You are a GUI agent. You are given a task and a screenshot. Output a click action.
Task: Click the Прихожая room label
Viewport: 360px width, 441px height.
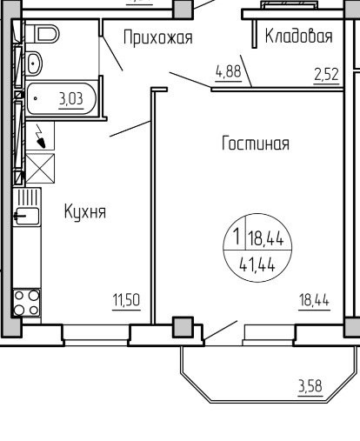[x=158, y=37]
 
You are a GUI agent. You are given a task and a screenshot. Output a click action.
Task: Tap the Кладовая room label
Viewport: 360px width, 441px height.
[x=298, y=37]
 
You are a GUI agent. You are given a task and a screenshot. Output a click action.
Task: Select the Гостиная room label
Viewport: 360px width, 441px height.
[x=256, y=143]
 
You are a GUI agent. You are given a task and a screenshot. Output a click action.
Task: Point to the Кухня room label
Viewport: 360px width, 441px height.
[x=85, y=211]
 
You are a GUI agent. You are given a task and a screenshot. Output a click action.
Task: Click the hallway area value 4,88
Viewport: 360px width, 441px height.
[x=229, y=71]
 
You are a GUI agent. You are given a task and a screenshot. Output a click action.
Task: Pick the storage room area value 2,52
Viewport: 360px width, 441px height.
[x=326, y=74]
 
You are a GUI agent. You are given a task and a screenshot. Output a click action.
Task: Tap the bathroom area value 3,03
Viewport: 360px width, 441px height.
[x=71, y=99]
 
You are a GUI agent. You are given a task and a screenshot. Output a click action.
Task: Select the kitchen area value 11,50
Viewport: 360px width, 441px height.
[x=126, y=300]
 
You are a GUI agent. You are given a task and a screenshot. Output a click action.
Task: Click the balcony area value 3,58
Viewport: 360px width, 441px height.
[x=310, y=386]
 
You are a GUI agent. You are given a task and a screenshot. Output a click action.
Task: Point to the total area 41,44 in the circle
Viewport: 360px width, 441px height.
[x=257, y=265]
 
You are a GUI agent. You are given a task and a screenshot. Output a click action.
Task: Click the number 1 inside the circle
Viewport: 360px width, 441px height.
[x=237, y=236]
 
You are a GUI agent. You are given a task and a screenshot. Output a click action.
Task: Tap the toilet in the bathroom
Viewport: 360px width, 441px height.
[x=42, y=34]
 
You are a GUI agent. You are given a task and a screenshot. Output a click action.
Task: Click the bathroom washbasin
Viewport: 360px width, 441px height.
[x=34, y=63]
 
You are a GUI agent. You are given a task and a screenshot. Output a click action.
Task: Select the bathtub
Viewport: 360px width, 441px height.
[x=61, y=98]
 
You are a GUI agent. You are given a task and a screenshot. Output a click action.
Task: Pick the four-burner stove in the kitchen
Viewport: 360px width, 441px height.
[x=27, y=303]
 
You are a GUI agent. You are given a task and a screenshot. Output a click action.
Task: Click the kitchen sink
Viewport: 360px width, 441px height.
[x=27, y=216]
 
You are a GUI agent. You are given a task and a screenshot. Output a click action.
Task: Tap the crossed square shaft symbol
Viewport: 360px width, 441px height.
[x=40, y=169]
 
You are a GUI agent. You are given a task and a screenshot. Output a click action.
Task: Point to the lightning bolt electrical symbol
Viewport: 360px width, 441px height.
[x=40, y=136]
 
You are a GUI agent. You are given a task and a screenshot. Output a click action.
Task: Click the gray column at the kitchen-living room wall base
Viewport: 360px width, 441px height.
[x=183, y=327]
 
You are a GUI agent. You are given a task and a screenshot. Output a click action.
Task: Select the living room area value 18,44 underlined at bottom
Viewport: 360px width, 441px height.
[x=314, y=300]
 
